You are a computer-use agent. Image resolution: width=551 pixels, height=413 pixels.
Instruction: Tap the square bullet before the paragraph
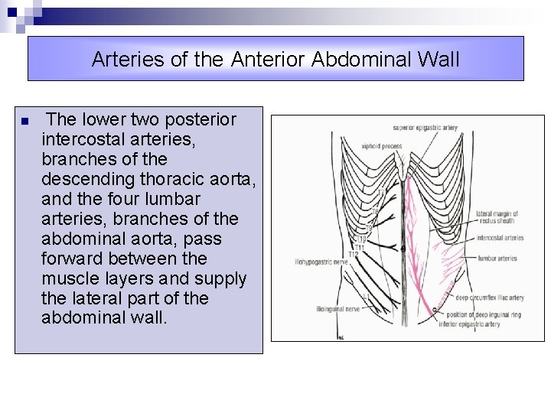(x=25, y=122)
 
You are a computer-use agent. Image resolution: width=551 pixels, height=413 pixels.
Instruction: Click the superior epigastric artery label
(x=424, y=128)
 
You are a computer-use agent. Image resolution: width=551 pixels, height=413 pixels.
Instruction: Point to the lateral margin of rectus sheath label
(x=496, y=218)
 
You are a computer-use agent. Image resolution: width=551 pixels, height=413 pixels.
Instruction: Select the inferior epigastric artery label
(x=468, y=324)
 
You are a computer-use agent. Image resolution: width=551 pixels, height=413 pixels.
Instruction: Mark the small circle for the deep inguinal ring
(x=436, y=310)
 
